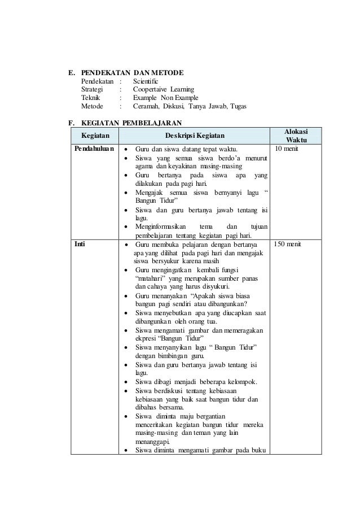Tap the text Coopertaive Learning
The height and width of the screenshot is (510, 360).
pos(163,89)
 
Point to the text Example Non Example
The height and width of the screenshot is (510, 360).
pos(163,97)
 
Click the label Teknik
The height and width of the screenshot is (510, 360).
pos(91,97)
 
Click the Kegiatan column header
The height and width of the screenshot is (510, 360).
pos(95,136)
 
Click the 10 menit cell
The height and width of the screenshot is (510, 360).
pos(288,149)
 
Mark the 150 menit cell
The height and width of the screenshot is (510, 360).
pos(290,245)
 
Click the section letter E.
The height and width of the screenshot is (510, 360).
pos(71,73)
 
